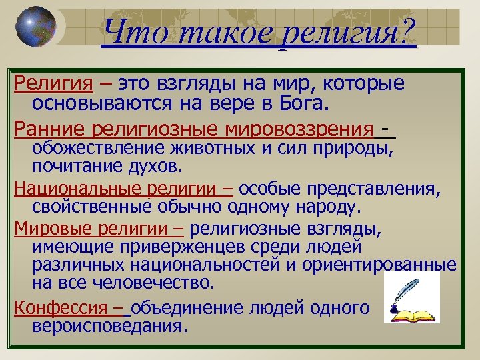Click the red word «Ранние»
(47, 127)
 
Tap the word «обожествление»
(99, 147)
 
